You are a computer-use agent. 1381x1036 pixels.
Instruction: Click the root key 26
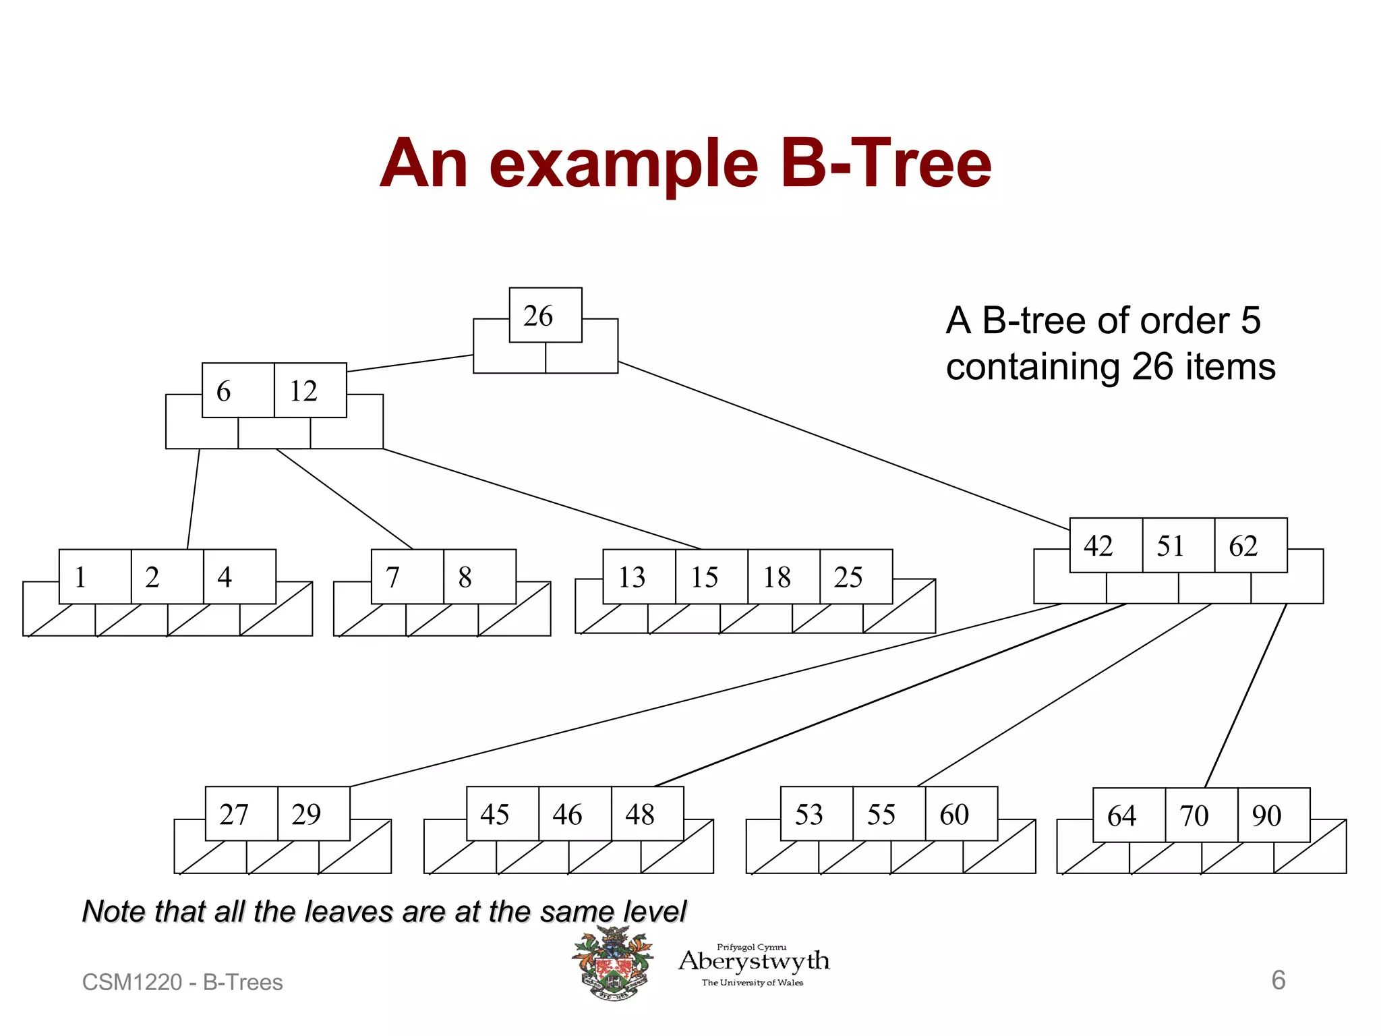(545, 316)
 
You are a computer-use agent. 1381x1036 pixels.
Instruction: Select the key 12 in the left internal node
(310, 391)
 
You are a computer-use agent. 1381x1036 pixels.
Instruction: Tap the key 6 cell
(238, 391)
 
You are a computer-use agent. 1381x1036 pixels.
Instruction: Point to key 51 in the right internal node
(1178, 546)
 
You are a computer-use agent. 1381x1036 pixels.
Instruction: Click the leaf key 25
(855, 577)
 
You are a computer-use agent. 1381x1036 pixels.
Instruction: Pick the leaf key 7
(407, 577)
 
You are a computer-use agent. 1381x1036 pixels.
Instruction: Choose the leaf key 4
(239, 577)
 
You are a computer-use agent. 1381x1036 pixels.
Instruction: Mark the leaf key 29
(314, 814)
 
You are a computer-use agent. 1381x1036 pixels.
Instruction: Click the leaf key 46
(575, 814)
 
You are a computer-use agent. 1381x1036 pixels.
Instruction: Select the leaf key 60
(961, 814)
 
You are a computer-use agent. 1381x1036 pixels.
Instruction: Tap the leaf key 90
(1273, 815)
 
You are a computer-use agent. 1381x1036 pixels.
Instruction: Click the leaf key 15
(711, 577)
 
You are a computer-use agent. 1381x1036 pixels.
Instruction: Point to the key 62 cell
(1250, 546)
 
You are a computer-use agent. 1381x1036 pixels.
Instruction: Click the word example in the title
(624, 164)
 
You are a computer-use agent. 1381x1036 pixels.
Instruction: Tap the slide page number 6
(1278, 980)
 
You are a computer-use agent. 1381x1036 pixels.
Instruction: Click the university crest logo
(612, 963)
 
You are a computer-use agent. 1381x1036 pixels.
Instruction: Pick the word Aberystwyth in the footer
(754, 961)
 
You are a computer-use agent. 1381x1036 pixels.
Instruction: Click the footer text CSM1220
(131, 983)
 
